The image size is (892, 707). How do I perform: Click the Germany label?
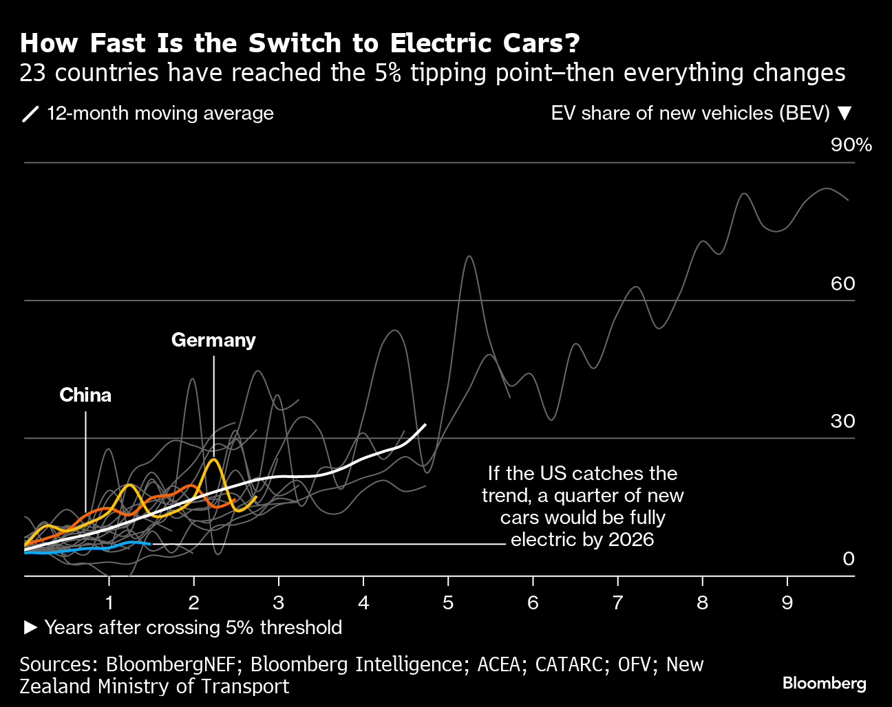[213, 340]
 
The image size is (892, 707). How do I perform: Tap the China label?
[85, 395]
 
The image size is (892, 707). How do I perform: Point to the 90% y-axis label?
[851, 144]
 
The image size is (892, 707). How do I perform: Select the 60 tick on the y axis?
[842, 283]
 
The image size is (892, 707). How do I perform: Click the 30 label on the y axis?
[842, 421]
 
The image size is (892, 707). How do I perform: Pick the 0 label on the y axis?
[848, 558]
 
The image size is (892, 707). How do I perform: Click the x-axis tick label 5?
[448, 602]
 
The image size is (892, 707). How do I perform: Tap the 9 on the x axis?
[787, 602]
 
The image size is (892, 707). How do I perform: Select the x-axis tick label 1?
[109, 602]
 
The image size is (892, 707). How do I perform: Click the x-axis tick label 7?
[617, 602]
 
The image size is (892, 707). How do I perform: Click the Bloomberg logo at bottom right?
[824, 683]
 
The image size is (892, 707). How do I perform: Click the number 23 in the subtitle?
[33, 73]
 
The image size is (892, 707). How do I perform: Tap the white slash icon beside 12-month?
[31, 113]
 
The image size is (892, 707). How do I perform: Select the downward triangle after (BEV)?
[846, 113]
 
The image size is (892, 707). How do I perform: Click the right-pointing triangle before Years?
[30, 627]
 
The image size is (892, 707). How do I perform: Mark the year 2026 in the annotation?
[630, 539]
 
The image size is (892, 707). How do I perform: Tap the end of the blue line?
[150, 544]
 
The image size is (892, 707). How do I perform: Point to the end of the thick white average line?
[425, 424]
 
